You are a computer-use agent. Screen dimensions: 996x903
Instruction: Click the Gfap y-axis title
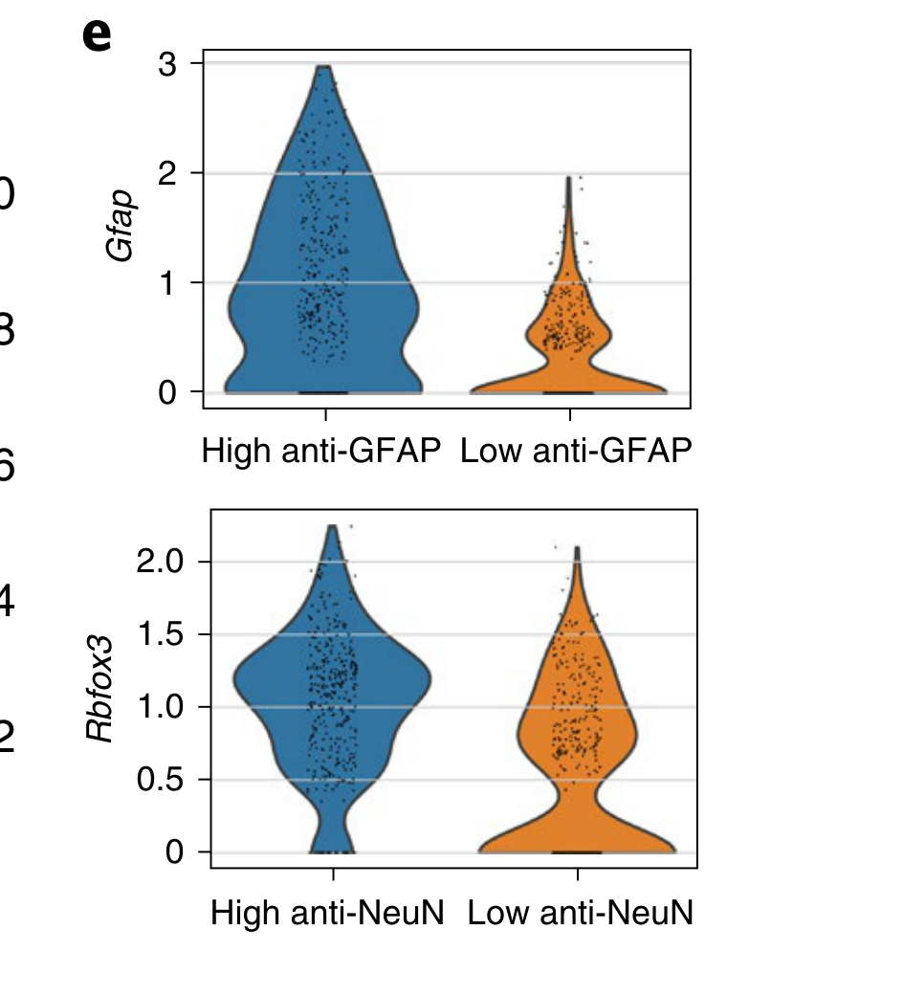pyautogui.click(x=120, y=226)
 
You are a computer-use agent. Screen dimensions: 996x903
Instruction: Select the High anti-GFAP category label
pyautogui.click(x=320, y=451)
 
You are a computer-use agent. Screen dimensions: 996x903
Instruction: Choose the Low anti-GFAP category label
pyautogui.click(x=575, y=451)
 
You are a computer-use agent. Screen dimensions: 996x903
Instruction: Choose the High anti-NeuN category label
pyautogui.click(x=327, y=912)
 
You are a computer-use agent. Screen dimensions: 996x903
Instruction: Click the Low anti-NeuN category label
pyautogui.click(x=580, y=912)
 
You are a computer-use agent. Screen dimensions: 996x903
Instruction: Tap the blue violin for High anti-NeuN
pyautogui.click(x=332, y=689)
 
